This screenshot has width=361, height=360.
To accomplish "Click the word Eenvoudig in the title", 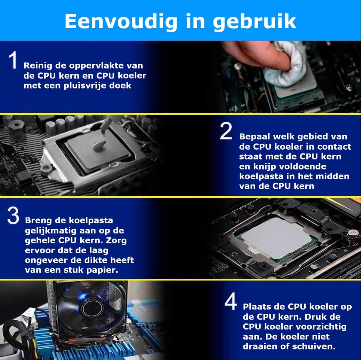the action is point(121,22).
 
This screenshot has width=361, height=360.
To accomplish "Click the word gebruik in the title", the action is point(254,22).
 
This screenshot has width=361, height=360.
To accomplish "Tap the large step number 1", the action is point(13,60).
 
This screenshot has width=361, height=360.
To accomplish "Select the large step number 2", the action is point(226,132).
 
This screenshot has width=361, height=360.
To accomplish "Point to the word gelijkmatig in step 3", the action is point(51,231).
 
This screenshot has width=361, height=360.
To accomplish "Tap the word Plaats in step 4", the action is point(258,307).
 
